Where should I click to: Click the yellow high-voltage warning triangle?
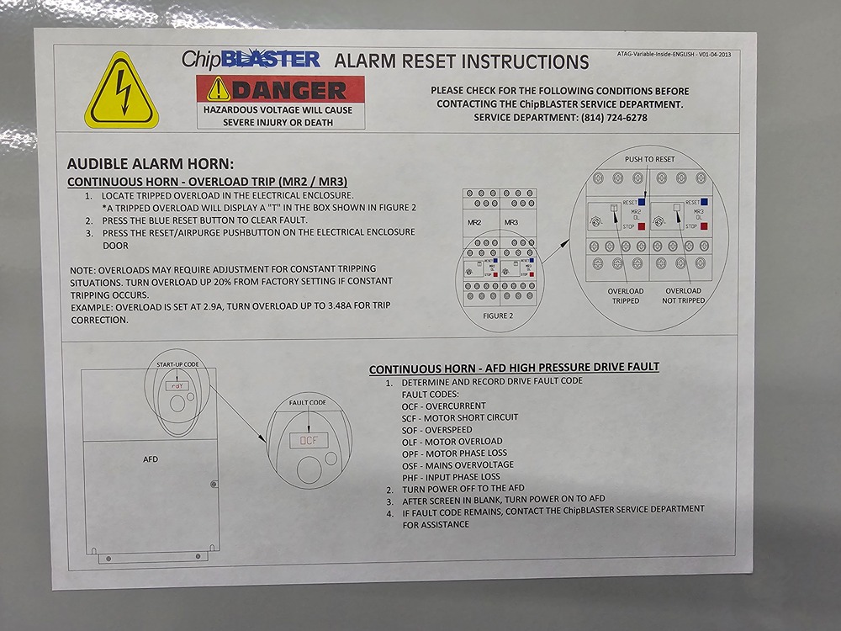(121, 90)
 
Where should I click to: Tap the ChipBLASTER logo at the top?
(251, 59)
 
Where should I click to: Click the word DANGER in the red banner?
(289, 90)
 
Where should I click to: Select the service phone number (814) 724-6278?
(614, 118)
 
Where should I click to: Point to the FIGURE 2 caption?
(498, 316)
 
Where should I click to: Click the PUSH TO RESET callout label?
(649, 159)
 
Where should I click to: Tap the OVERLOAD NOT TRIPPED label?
(683, 295)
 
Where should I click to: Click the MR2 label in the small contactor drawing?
(474, 222)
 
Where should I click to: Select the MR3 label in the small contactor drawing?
(511, 222)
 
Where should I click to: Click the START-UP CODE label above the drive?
(177, 364)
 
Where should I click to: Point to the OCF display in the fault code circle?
(309, 441)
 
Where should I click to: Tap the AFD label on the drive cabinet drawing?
(151, 459)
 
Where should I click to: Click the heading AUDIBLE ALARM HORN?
(151, 164)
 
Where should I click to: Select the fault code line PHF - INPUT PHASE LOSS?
(451, 477)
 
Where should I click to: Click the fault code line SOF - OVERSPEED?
(437, 430)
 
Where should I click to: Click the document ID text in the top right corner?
(674, 54)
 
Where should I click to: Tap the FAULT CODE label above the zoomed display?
(307, 402)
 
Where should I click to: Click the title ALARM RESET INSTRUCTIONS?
(462, 61)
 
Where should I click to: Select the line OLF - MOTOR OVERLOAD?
(452, 442)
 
